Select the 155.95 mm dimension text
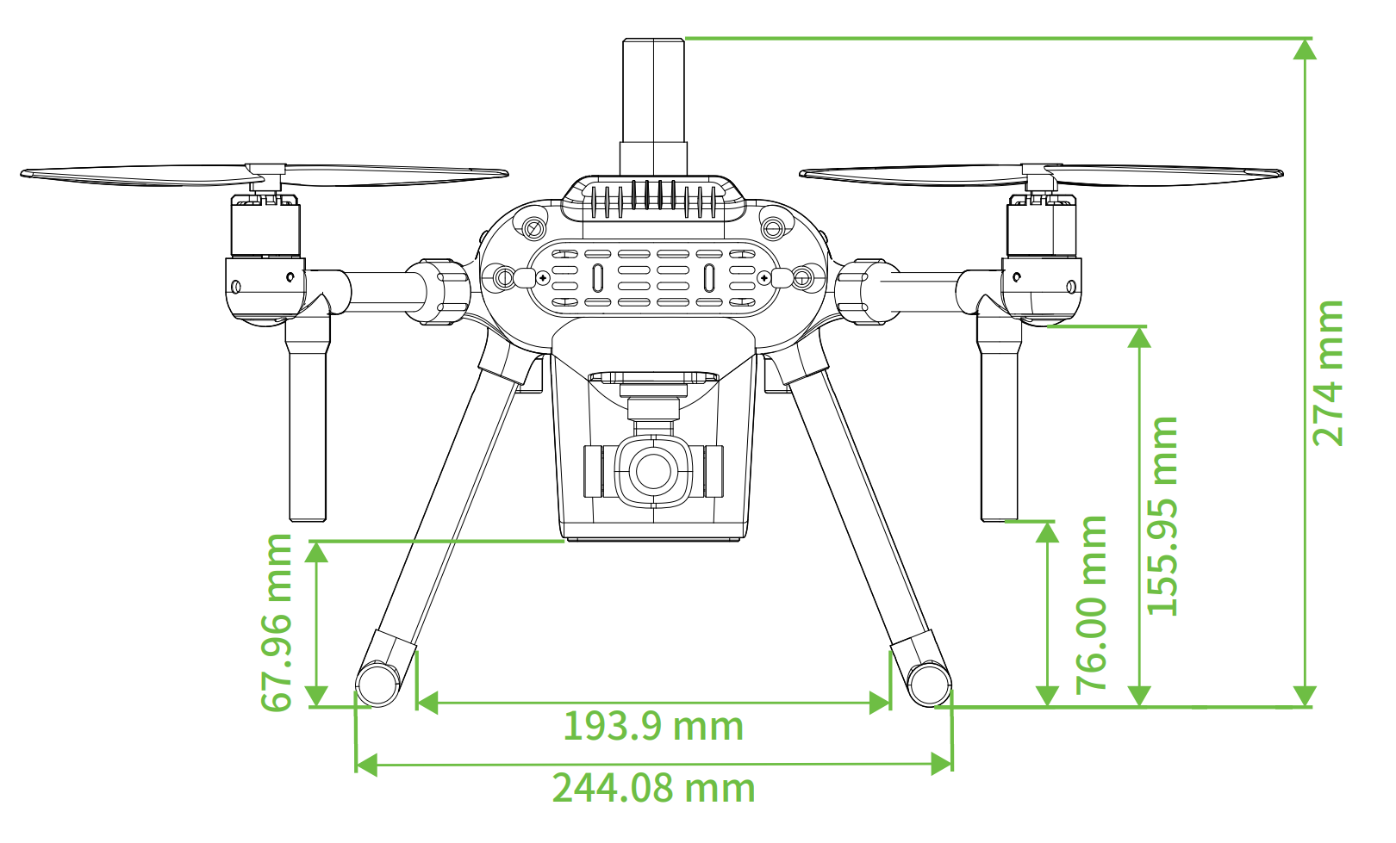1162,516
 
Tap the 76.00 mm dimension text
1091,604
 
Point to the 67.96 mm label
276,623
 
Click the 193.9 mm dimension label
653,727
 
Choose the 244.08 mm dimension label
653,788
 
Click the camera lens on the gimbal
653,471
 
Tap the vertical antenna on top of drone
653,107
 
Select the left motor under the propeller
265,225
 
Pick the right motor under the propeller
1042,225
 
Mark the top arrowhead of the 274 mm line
1305,49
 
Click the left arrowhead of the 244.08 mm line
366,764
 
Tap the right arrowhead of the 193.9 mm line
879,703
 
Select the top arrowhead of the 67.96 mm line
316,552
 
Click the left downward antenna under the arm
308,417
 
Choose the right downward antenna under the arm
999,417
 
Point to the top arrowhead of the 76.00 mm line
1047,532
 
